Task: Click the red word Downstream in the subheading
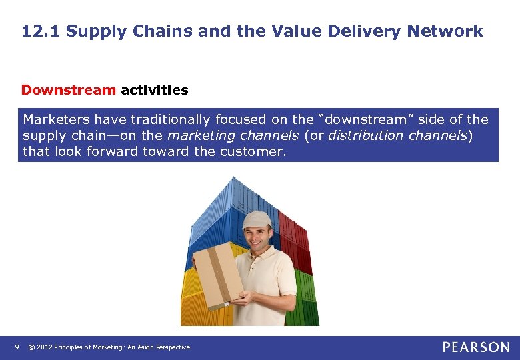click(x=69, y=90)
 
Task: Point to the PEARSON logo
click(x=476, y=347)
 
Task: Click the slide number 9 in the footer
click(x=17, y=347)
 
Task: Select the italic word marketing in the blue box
click(x=198, y=135)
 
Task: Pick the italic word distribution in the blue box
click(x=363, y=135)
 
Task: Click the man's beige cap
click(x=257, y=219)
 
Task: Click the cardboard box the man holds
click(x=217, y=274)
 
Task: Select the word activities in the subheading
click(x=155, y=90)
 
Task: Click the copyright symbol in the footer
click(x=31, y=347)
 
